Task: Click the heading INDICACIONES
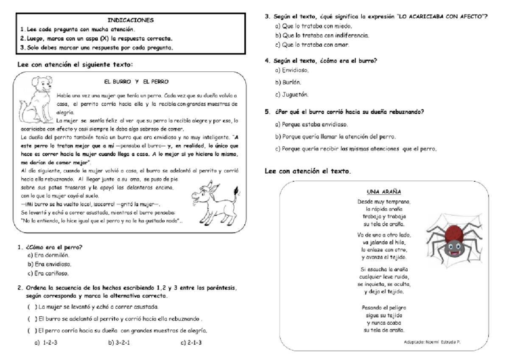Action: [130, 20]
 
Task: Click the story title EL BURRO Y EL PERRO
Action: [136, 81]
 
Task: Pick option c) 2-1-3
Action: [191, 342]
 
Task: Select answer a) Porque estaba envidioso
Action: [311, 124]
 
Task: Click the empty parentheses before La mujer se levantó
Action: [31, 307]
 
